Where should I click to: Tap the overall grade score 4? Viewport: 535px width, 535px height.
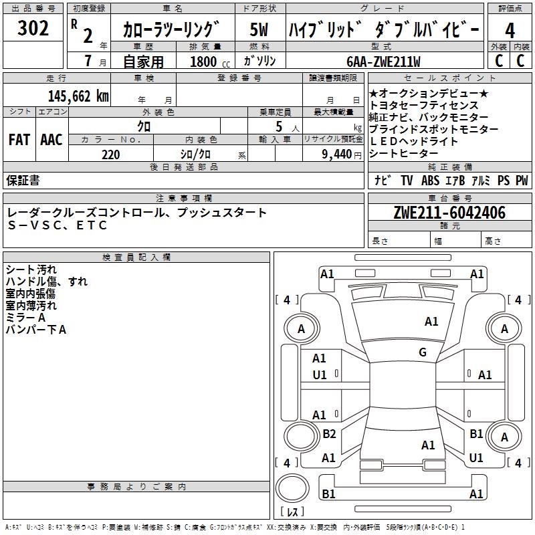[x=510, y=30]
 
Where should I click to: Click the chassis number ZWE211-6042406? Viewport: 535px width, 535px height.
[x=449, y=213]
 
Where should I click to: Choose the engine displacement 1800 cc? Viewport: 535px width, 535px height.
[x=208, y=62]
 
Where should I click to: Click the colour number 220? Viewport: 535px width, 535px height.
[x=110, y=154]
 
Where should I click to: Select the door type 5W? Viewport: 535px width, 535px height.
[x=259, y=30]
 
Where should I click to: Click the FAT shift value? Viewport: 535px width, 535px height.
[x=19, y=139]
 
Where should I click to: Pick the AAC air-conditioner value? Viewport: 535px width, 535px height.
[x=51, y=139]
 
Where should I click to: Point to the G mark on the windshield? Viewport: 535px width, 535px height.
[x=423, y=352]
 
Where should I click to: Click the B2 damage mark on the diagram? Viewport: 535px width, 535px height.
[x=329, y=434]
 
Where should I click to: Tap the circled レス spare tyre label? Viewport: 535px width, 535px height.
[x=292, y=512]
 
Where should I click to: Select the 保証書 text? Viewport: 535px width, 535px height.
[x=23, y=180]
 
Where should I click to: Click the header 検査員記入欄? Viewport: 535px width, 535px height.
[x=136, y=257]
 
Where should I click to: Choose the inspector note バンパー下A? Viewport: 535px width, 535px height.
[x=36, y=330]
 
